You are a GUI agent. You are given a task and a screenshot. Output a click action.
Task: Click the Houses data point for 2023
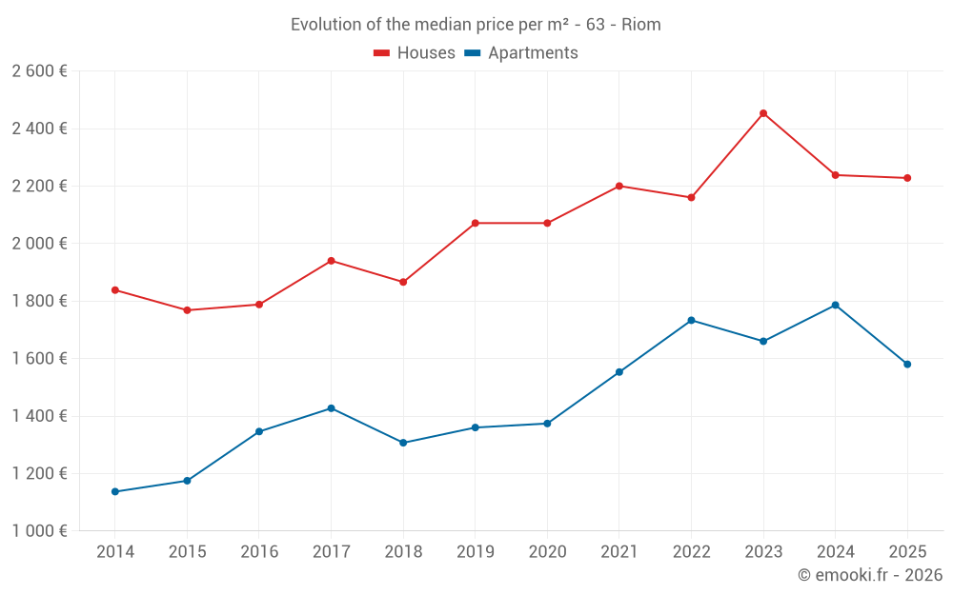[x=763, y=113]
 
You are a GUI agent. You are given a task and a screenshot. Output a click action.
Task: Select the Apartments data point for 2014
[x=115, y=492]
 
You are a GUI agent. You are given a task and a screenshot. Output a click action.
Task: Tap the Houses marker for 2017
[x=331, y=261]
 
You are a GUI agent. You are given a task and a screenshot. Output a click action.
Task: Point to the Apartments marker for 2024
[x=835, y=305]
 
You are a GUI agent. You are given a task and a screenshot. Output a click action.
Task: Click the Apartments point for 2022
[x=691, y=320]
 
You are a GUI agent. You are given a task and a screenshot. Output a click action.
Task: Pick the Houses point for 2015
[x=187, y=310]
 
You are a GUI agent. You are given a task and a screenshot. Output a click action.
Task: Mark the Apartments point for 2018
[x=403, y=443]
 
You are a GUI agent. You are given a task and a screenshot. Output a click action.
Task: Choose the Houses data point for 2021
[x=619, y=186]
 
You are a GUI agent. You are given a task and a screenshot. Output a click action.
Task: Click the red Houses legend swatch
[x=381, y=53]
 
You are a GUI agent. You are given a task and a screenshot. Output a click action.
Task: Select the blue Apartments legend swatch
[x=472, y=53]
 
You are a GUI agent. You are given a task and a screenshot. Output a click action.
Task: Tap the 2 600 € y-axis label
[x=39, y=71]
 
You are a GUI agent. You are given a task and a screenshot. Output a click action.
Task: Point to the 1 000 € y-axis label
[x=39, y=531]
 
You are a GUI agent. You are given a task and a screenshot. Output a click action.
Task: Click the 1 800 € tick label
[x=39, y=301]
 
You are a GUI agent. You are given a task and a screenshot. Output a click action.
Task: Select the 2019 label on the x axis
[x=475, y=552]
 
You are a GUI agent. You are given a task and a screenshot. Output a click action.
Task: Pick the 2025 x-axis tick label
[x=907, y=552]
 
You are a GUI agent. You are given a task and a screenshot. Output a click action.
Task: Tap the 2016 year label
[x=259, y=552]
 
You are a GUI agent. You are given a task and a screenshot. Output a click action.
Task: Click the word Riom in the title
[x=640, y=25]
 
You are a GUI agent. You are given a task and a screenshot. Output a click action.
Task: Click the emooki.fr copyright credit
[x=870, y=575]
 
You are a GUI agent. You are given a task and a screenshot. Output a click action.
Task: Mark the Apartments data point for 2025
[x=907, y=365]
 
